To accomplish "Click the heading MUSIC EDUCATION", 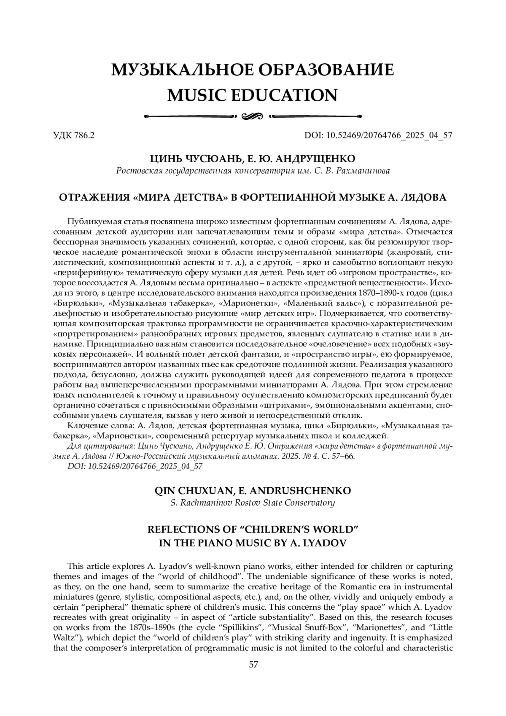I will click(253, 95).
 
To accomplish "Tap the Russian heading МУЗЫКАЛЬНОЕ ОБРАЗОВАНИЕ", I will click(253, 70).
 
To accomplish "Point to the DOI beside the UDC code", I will click(378, 135).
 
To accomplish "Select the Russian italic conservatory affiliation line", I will click(253, 171).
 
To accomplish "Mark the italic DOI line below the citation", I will click(135, 466).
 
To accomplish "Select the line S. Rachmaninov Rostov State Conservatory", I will click(253, 503).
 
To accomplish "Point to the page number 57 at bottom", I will click(253, 665).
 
